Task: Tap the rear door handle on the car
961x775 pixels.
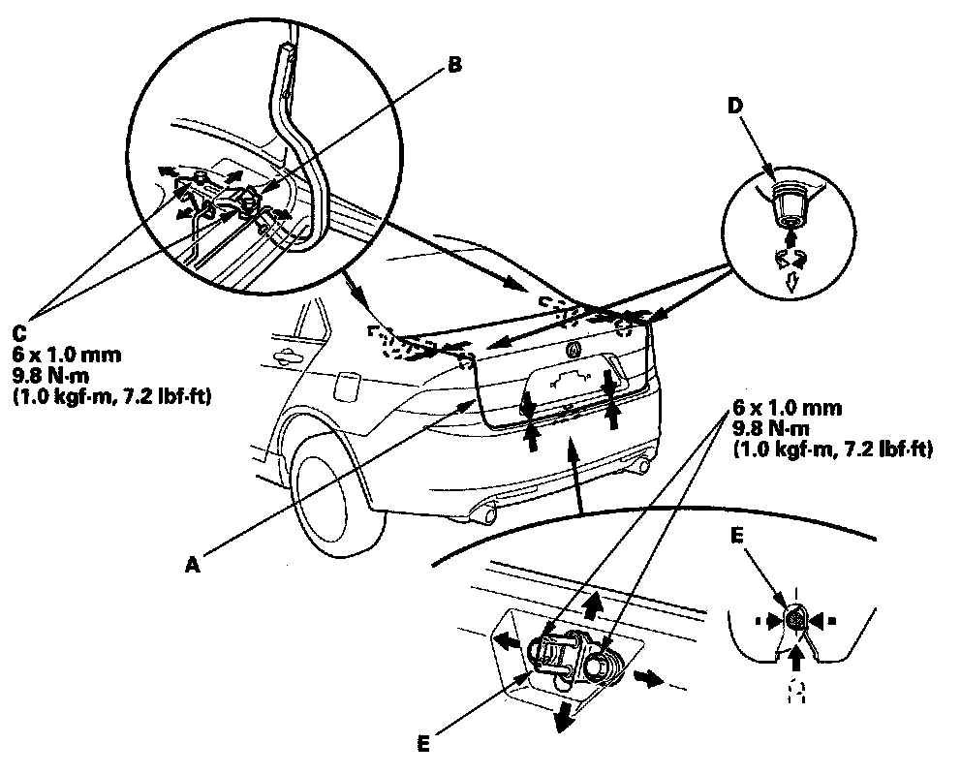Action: click(x=288, y=358)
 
